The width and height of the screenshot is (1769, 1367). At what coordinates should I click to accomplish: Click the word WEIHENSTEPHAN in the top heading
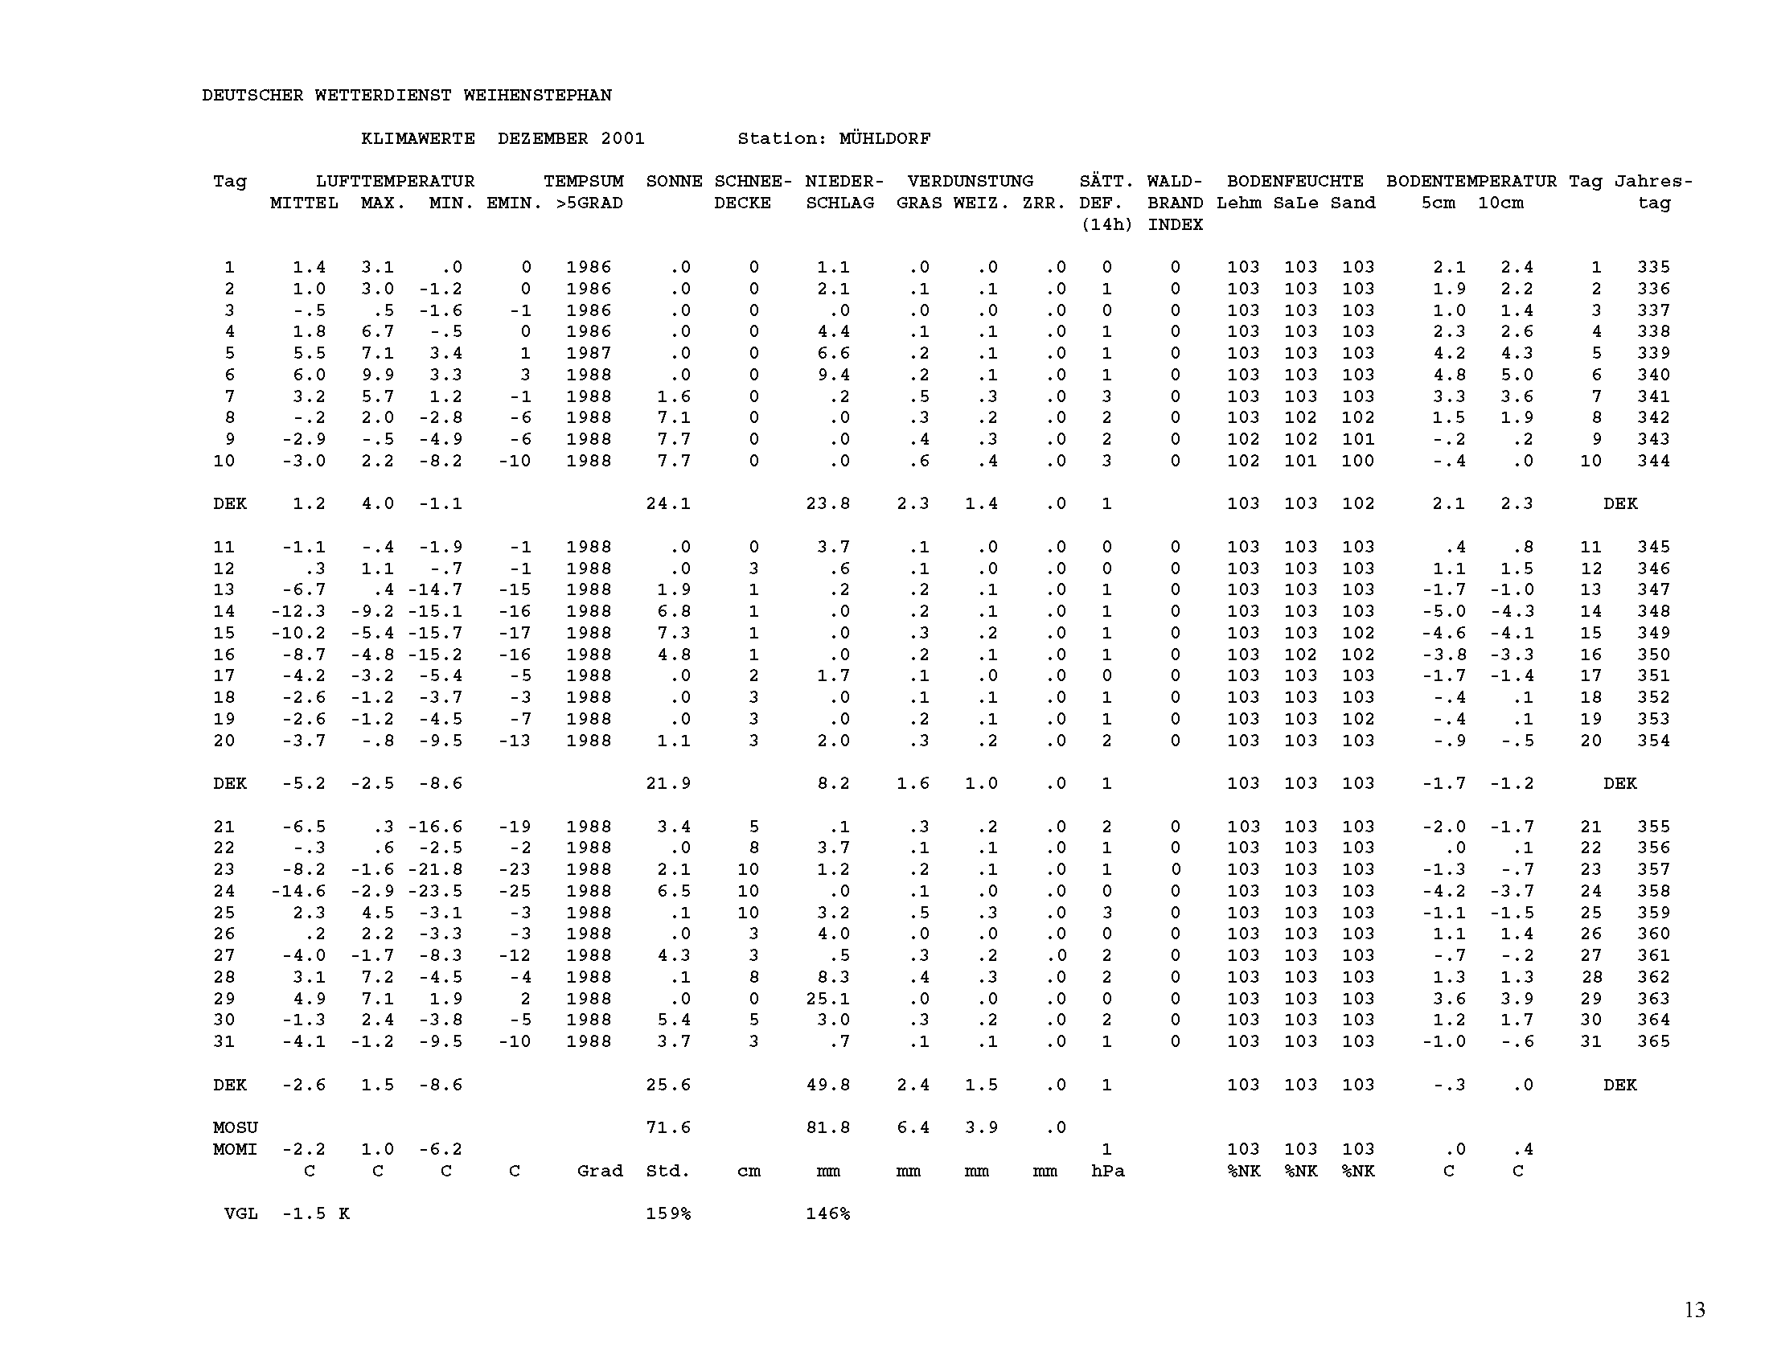pyautogui.click(x=537, y=96)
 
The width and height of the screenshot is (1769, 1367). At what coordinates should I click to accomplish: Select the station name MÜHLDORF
pyautogui.click(x=884, y=138)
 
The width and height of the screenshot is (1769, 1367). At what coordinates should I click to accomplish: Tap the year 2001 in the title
pyautogui.click(x=622, y=138)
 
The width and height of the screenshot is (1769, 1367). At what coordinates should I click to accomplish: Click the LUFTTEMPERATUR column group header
pyautogui.click(x=395, y=182)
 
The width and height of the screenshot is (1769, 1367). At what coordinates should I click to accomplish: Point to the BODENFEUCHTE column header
pyautogui.click(x=1295, y=182)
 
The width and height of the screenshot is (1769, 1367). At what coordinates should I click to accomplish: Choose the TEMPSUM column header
pyautogui.click(x=583, y=182)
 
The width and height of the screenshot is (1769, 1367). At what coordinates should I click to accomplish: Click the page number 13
pyautogui.click(x=1694, y=1309)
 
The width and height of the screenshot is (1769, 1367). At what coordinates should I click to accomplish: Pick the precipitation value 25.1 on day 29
pyautogui.click(x=827, y=999)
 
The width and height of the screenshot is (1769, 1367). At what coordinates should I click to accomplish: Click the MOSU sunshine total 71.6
pyautogui.click(x=668, y=1127)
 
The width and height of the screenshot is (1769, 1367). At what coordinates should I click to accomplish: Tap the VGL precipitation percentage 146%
pyautogui.click(x=827, y=1213)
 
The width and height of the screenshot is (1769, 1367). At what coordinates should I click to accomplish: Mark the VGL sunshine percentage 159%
pyautogui.click(x=668, y=1213)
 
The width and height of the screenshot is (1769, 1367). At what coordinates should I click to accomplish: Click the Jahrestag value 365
pyautogui.click(x=1653, y=1041)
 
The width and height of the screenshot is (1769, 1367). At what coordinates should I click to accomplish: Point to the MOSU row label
pyautogui.click(x=235, y=1127)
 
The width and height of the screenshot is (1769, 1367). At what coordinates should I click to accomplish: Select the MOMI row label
pyautogui.click(x=235, y=1149)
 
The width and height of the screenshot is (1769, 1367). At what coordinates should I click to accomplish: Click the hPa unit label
pyautogui.click(x=1107, y=1171)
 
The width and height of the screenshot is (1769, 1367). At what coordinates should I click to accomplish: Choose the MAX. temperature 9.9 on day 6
pyautogui.click(x=377, y=375)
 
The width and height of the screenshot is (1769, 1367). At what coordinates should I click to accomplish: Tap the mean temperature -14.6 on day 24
pyautogui.click(x=298, y=891)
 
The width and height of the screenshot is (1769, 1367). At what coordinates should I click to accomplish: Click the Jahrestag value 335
pyautogui.click(x=1653, y=267)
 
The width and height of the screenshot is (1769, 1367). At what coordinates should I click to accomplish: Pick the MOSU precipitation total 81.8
pyautogui.click(x=827, y=1127)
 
